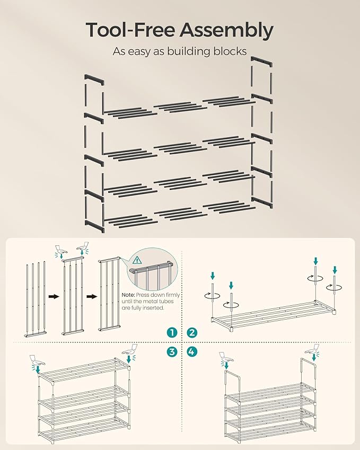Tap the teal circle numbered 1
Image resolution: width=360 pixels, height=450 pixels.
tap(171, 332)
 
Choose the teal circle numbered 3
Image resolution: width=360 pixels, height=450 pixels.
tap(171, 351)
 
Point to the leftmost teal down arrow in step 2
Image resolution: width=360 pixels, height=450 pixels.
tap(213, 276)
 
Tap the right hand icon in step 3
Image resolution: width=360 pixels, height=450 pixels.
tap(130, 350)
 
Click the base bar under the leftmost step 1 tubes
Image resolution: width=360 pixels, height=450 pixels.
tap(34, 334)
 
